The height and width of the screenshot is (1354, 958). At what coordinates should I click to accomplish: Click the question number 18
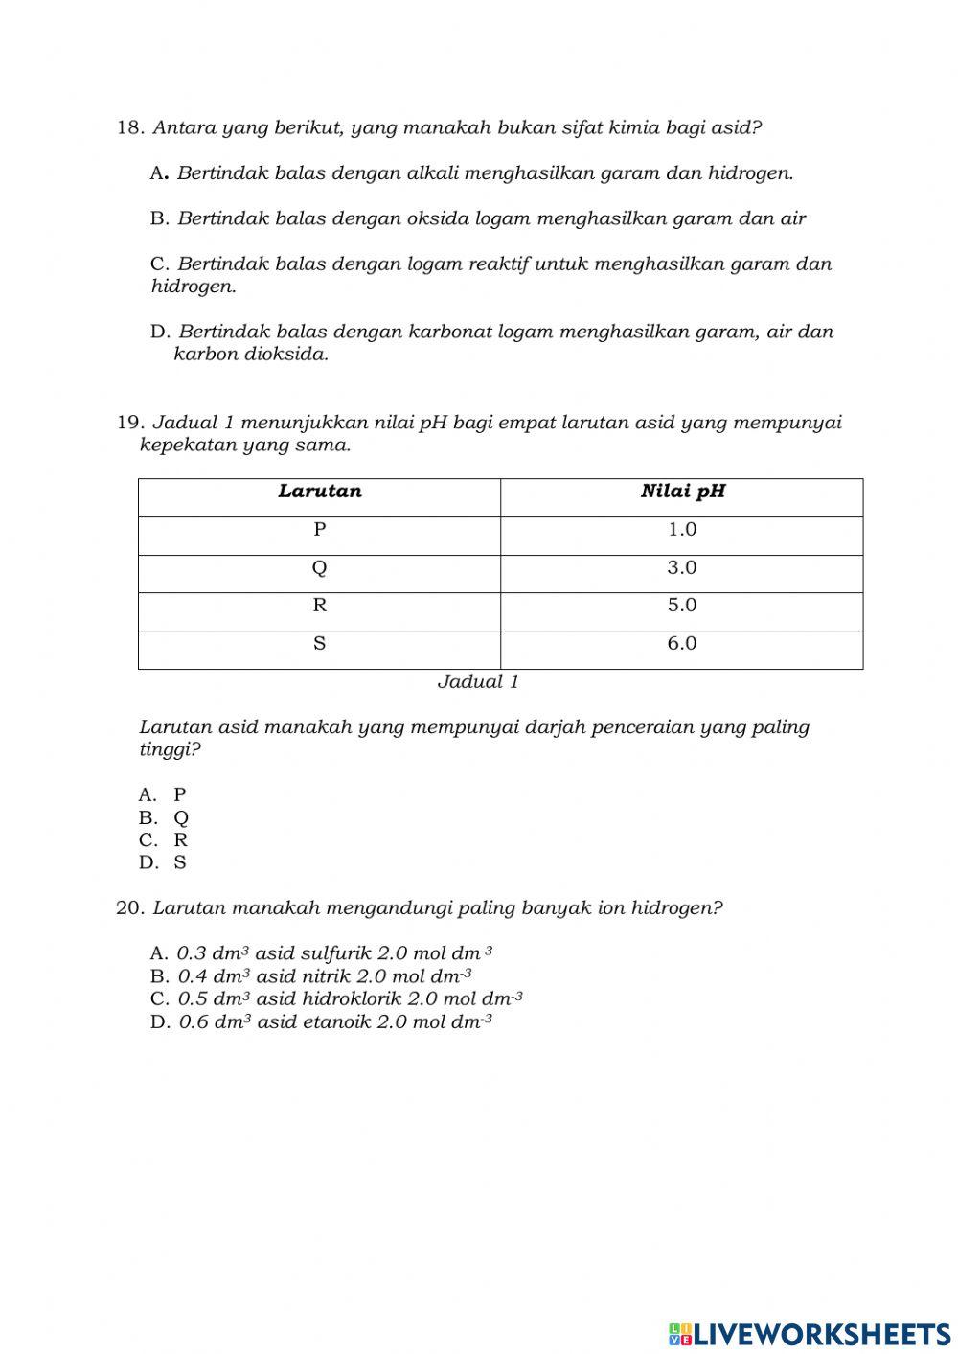point(129,127)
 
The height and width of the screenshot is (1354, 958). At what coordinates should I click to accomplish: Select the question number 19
point(129,423)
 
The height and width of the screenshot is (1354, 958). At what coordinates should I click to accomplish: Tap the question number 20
point(129,907)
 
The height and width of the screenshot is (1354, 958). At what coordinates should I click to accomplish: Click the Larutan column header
point(320,492)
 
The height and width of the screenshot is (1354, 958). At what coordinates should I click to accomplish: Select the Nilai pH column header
point(682,492)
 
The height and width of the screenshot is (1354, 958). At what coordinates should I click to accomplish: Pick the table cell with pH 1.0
point(682,530)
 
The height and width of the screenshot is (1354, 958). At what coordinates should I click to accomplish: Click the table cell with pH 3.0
point(682,568)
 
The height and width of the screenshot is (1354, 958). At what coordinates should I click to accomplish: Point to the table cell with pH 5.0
point(682,606)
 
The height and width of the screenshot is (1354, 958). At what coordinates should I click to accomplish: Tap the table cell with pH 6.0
point(682,644)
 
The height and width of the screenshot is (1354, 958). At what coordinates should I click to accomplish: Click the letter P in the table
point(320,530)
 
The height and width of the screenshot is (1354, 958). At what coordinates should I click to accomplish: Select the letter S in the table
point(320,644)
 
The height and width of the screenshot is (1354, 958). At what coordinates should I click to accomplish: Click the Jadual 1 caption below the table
point(478,682)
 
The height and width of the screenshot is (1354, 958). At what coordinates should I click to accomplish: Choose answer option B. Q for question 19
point(164,817)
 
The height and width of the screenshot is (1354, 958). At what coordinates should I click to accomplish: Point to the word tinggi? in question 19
point(171,749)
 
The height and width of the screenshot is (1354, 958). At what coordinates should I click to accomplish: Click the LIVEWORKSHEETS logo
point(810,1333)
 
